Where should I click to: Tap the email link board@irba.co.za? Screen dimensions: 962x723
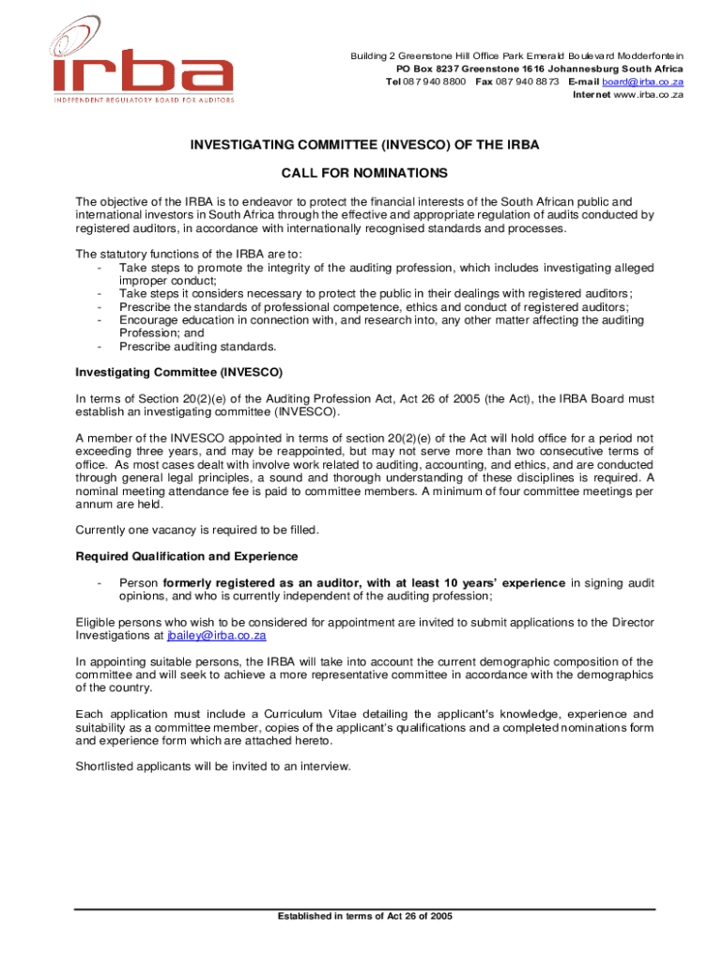tap(642, 82)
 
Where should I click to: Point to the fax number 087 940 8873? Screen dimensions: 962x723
tap(528, 82)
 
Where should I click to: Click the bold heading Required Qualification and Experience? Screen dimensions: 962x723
tap(187, 556)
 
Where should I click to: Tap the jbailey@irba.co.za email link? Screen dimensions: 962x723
tap(217, 635)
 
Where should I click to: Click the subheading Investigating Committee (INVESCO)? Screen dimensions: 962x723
tap(178, 372)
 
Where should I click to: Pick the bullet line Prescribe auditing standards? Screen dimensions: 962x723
tap(185, 346)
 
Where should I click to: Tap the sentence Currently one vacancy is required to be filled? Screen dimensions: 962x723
tap(197, 530)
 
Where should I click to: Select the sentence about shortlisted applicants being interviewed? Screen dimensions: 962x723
tap(213, 766)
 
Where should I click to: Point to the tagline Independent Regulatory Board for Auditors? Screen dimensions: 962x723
tap(144, 99)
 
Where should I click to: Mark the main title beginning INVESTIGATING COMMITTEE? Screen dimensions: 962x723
tap(365, 146)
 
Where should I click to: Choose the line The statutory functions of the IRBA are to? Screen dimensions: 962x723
tap(189, 254)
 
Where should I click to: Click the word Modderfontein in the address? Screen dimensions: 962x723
tap(647, 56)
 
